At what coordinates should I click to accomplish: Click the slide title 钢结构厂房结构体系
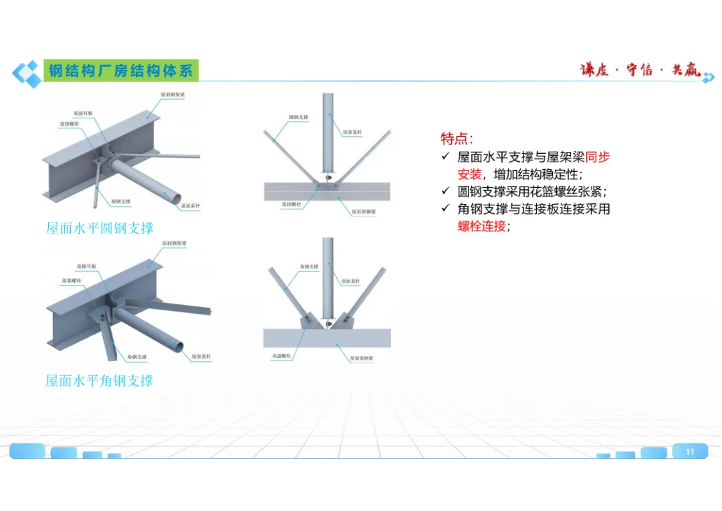click(121, 71)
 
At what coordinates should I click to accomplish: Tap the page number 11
click(690, 451)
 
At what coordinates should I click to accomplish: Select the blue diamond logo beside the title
click(27, 73)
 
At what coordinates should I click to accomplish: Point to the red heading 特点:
click(457, 138)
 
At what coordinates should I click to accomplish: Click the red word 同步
click(598, 157)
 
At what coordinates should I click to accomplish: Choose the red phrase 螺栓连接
click(481, 226)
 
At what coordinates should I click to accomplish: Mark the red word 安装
click(469, 175)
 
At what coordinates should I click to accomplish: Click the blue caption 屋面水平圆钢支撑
click(100, 228)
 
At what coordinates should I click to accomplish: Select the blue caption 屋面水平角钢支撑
click(100, 381)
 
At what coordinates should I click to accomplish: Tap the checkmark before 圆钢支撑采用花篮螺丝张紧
click(446, 192)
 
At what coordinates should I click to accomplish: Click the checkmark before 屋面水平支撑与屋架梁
click(446, 157)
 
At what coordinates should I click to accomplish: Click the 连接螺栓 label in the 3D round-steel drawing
click(70, 124)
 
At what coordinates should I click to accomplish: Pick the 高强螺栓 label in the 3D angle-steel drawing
click(71, 280)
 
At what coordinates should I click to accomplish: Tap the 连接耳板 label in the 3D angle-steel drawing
click(86, 266)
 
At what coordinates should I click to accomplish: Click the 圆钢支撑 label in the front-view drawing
click(298, 118)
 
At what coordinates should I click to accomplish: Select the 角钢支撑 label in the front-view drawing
click(309, 267)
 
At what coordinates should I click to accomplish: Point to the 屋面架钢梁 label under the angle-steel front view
click(363, 359)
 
